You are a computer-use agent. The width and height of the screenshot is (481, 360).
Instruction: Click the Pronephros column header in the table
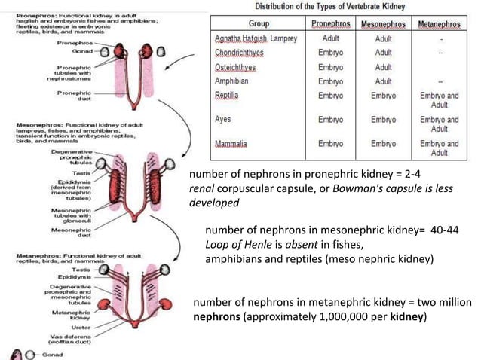[x=331, y=24]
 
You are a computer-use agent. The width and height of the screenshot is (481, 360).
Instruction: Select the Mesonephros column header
[x=382, y=24]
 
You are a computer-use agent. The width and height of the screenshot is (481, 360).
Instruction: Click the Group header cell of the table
[x=259, y=24]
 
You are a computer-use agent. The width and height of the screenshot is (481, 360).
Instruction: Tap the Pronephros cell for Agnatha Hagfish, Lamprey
[x=331, y=38]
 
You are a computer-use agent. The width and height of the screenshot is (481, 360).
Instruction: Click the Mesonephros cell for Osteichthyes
[x=383, y=67]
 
